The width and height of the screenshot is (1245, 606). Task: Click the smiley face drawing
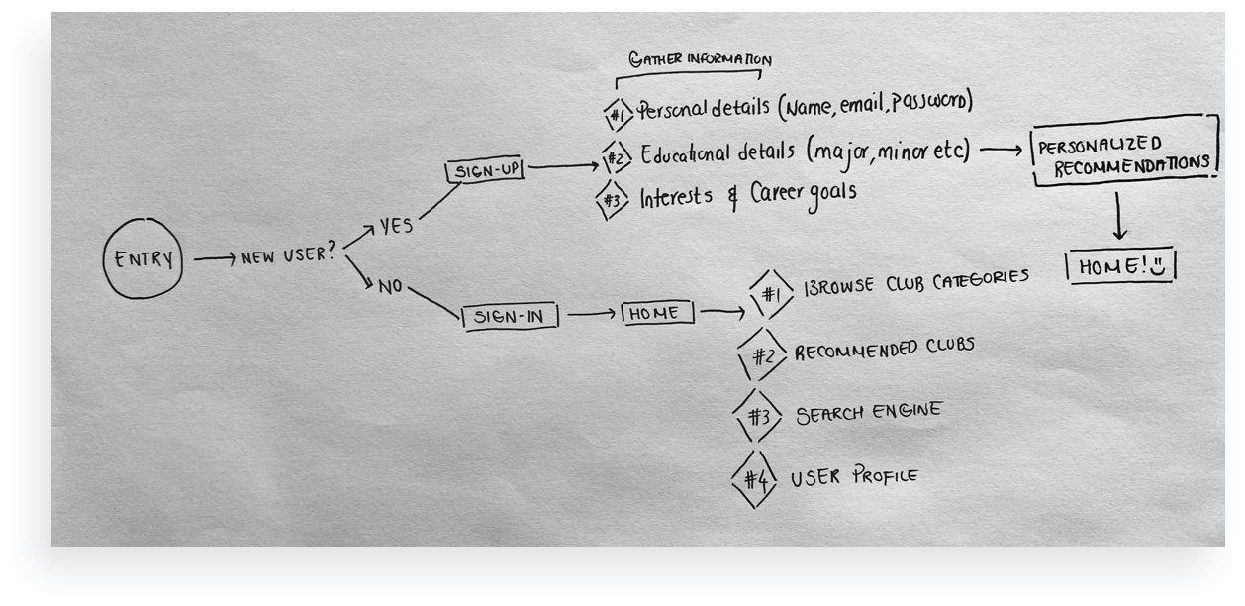pos(1157,266)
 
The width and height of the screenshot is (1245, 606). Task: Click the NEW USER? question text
pos(289,254)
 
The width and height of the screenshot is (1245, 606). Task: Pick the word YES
pos(396,225)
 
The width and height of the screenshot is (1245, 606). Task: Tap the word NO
pos(390,286)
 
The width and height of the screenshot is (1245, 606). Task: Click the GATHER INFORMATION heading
pos(700,59)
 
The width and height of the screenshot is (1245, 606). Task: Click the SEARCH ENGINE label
pos(869,413)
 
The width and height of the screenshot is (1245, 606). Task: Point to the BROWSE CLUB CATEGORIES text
pos(916,282)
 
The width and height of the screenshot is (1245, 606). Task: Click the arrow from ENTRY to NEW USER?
pos(215,258)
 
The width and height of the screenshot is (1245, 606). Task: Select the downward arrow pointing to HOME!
pos(1119,216)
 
